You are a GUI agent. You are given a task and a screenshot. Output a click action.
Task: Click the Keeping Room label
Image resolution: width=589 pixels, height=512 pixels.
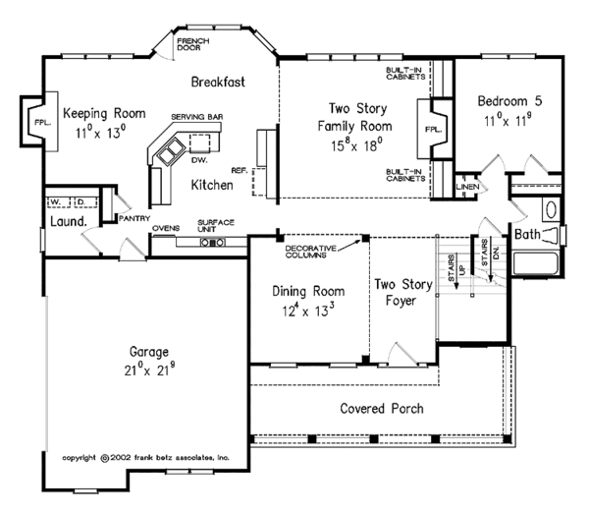(x=104, y=113)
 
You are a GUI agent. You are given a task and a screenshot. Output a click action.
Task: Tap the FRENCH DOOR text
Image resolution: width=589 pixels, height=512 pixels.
(x=193, y=44)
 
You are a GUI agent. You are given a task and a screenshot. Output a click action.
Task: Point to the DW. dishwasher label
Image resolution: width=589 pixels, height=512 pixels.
(x=199, y=160)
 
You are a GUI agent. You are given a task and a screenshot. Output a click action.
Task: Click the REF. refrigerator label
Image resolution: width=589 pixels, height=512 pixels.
(x=240, y=171)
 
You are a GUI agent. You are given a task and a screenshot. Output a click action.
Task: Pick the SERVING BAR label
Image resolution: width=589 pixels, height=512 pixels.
(x=197, y=117)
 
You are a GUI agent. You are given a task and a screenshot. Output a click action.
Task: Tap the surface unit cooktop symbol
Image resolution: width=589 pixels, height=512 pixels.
(x=213, y=243)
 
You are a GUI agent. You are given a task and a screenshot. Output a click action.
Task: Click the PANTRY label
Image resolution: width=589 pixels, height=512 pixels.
(x=134, y=218)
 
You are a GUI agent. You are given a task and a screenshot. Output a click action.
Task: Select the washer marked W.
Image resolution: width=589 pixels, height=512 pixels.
(x=58, y=202)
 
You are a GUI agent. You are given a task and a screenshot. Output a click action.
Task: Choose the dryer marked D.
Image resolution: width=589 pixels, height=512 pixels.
(x=85, y=202)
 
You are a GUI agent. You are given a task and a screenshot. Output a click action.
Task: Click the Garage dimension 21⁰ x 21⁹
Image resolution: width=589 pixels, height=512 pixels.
(x=149, y=370)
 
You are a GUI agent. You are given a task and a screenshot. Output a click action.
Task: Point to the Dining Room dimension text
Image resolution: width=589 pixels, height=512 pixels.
(x=308, y=310)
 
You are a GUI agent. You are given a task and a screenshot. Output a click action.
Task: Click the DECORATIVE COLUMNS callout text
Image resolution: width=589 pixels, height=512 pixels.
(x=310, y=252)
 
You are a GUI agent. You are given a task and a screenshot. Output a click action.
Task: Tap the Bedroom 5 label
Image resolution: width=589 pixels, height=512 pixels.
(x=509, y=101)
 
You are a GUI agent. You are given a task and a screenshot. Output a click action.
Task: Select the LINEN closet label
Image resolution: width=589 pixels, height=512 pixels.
(x=467, y=187)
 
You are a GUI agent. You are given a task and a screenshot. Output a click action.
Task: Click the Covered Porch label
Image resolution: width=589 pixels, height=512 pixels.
(x=382, y=409)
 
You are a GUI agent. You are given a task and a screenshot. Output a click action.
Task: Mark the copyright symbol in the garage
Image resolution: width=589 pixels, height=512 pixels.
(x=105, y=458)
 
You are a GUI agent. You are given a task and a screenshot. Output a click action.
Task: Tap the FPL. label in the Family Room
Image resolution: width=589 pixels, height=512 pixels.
(x=433, y=130)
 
